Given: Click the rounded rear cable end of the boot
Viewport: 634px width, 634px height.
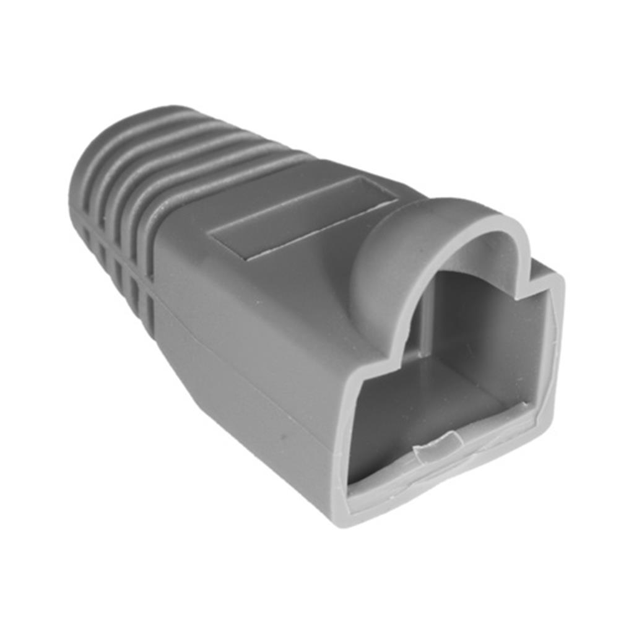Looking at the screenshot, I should pyautogui.click(x=84, y=180).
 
